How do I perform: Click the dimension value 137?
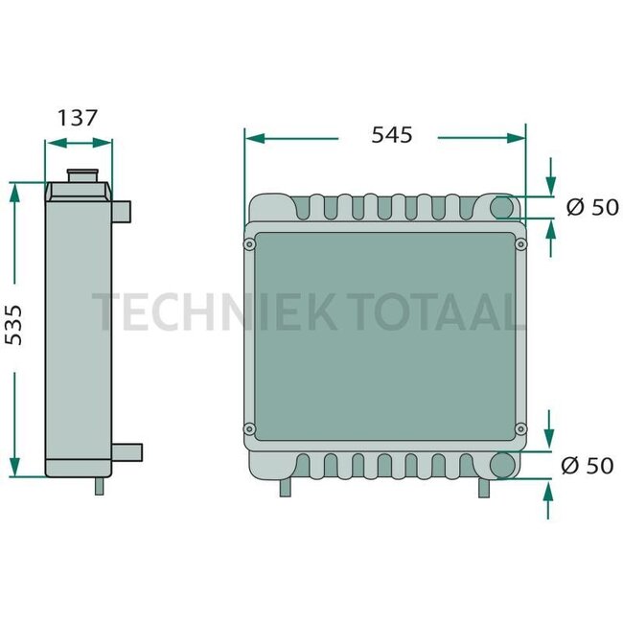(79, 118)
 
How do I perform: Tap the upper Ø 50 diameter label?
(591, 207)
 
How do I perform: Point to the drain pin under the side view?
(99, 486)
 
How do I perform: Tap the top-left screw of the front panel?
(250, 245)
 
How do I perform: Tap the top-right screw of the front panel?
(520, 245)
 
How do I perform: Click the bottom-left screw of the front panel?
(250, 427)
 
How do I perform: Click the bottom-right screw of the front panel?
(520, 427)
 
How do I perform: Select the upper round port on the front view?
(502, 207)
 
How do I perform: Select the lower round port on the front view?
(502, 466)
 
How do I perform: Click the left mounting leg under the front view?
(285, 487)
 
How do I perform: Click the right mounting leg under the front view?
(485, 487)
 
